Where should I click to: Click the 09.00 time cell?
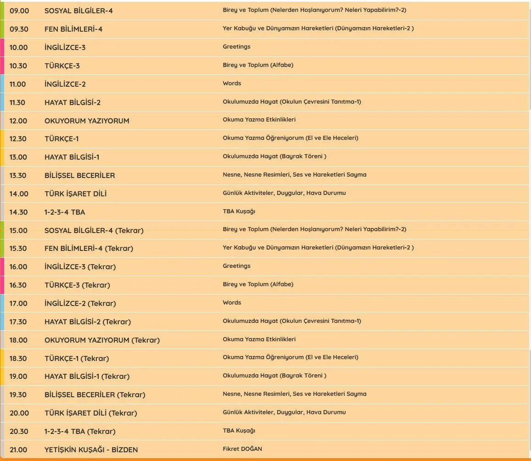(18, 11)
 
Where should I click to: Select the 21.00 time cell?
(18, 450)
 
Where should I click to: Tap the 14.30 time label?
(18, 212)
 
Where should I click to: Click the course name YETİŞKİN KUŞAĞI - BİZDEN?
(91, 450)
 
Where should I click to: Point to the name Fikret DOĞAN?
(242, 449)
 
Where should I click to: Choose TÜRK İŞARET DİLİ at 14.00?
(75, 194)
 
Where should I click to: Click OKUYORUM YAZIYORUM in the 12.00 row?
(87, 121)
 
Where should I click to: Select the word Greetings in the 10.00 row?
(236, 46)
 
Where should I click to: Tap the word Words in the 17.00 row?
(232, 302)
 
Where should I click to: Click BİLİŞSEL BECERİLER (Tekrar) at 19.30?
(95, 394)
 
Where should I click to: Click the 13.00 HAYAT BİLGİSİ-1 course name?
(72, 157)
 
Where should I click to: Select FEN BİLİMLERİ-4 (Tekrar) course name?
(89, 248)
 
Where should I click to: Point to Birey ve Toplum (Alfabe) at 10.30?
(258, 65)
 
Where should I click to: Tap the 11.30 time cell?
(17, 102)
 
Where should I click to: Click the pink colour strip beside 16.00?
(2, 267)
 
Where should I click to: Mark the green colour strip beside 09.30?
(2, 29)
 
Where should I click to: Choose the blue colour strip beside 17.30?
(2, 322)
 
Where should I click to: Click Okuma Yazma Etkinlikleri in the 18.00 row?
(259, 339)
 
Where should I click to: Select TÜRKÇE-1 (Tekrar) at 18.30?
(77, 358)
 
